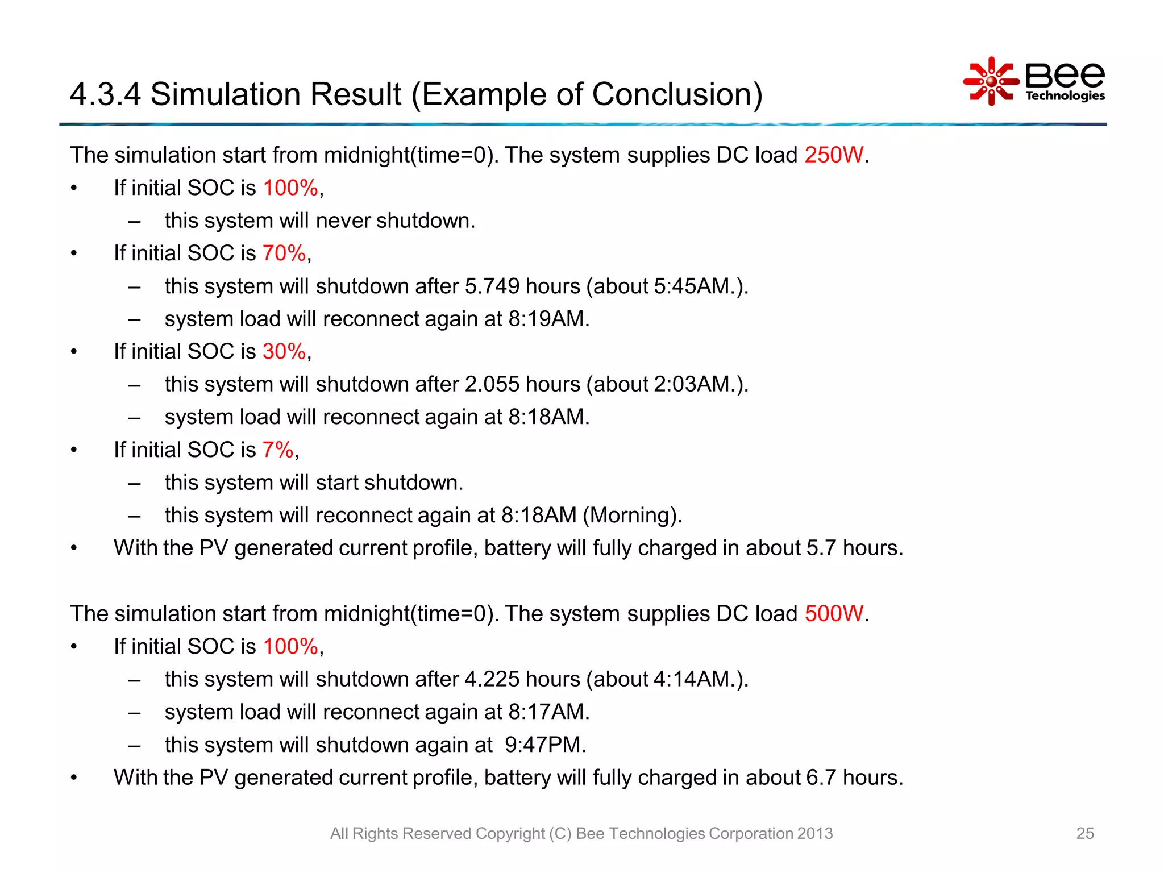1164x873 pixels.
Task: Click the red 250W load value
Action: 834,155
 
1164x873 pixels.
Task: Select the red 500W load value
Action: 834,614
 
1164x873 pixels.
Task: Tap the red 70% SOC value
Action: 284,253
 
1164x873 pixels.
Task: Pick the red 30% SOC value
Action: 284,352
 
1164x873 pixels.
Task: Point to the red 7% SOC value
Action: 278,450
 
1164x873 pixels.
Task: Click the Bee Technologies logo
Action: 1034,82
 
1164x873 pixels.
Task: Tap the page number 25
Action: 1084,833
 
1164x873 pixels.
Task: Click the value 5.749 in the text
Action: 492,286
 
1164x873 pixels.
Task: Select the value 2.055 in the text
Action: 492,385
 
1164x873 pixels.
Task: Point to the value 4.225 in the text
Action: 492,680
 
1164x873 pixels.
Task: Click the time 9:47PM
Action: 544,745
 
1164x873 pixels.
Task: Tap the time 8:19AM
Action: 548,319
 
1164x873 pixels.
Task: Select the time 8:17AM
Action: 548,712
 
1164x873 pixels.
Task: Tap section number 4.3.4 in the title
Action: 105,94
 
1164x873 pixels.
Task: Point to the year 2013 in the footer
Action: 814,833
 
